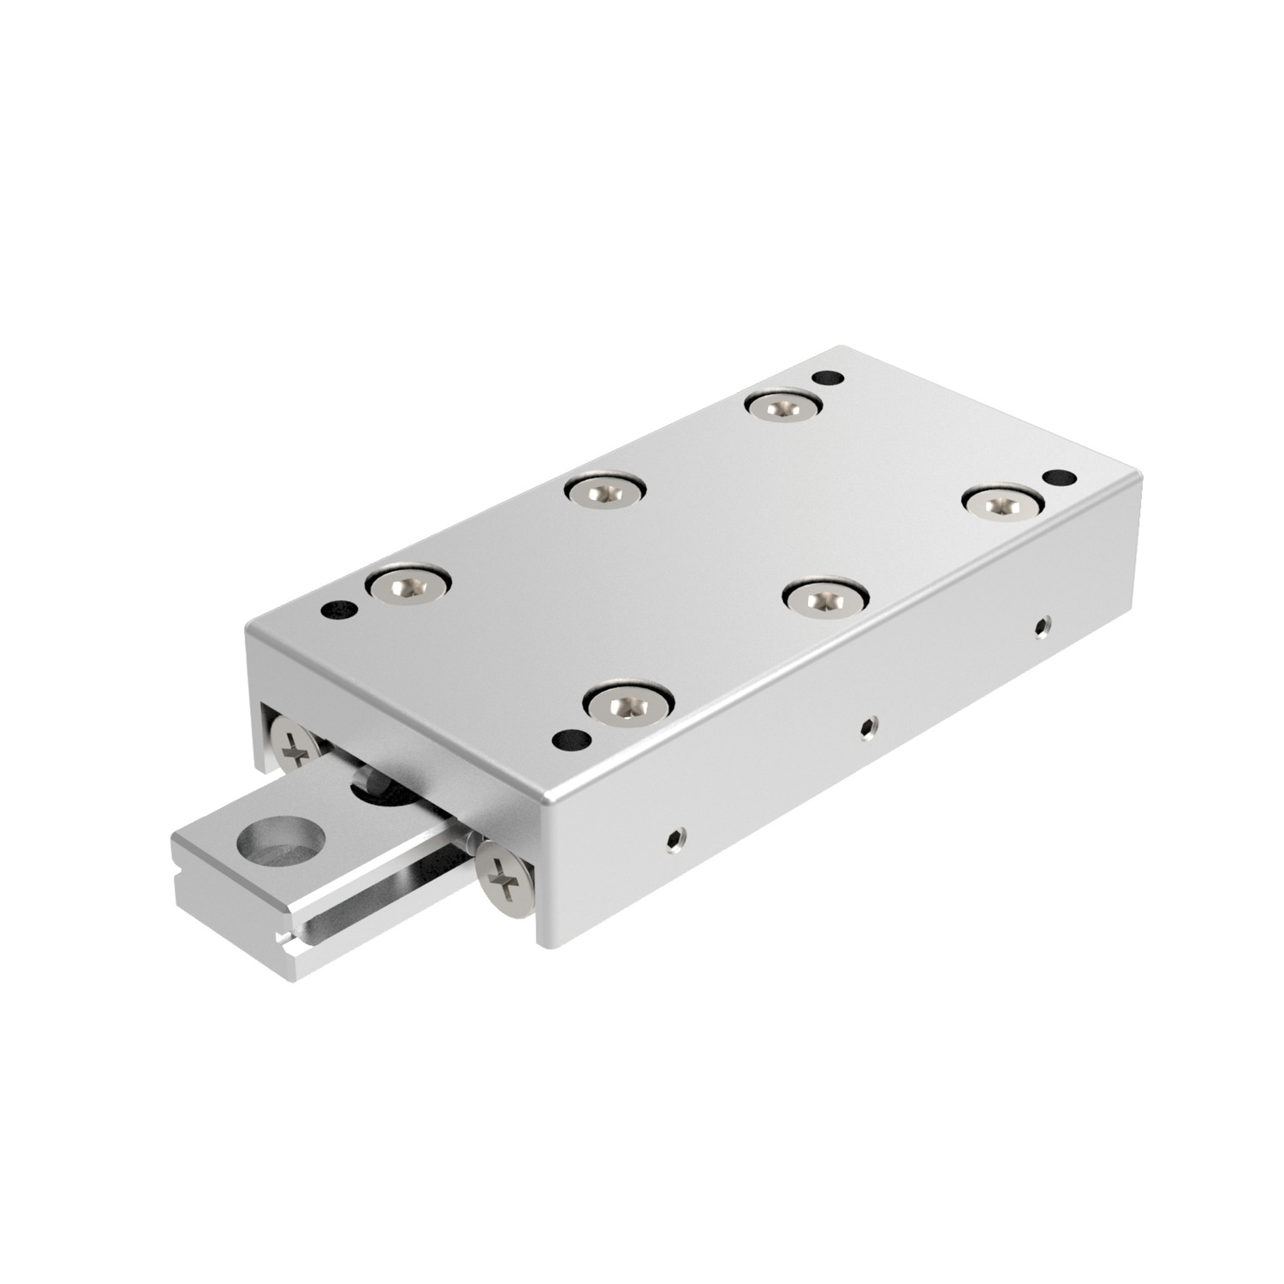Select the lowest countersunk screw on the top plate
click(627, 703)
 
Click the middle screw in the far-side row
click(604, 491)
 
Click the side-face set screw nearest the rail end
click(676, 840)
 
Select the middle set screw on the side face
click(869, 728)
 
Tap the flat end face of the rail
click(231, 907)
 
